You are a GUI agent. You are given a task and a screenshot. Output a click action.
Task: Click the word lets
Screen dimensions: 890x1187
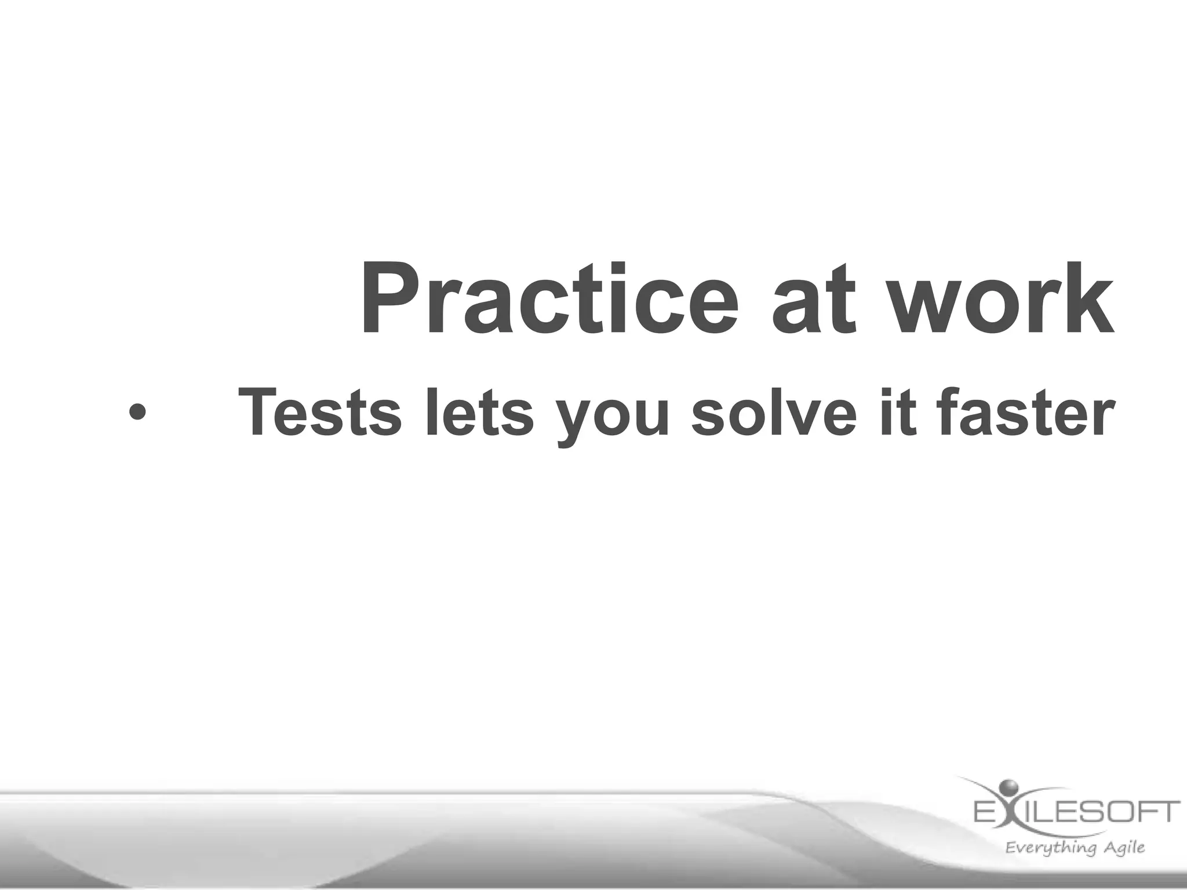click(x=479, y=413)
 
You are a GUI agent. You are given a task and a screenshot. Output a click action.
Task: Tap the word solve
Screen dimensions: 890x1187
click(x=773, y=413)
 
